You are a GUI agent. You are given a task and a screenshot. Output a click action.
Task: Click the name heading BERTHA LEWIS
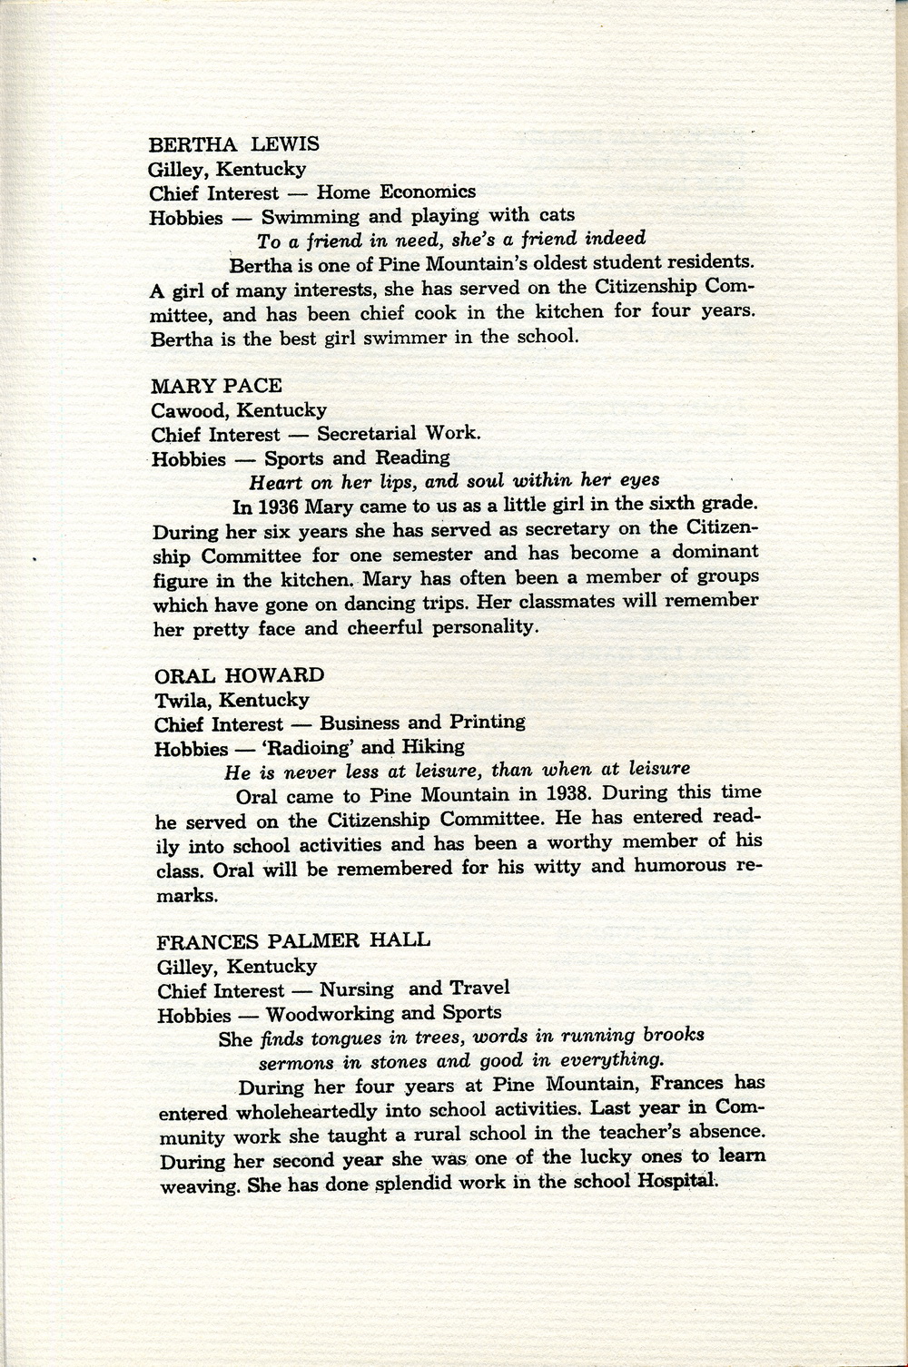pyautogui.click(x=233, y=144)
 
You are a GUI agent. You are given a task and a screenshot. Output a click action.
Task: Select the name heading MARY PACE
pyautogui.click(x=217, y=386)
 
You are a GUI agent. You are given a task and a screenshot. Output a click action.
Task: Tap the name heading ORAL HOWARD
pyautogui.click(x=239, y=675)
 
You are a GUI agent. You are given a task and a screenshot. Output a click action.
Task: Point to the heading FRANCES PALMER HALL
pyautogui.click(x=293, y=940)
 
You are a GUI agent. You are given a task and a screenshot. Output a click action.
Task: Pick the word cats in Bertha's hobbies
pyautogui.click(x=554, y=216)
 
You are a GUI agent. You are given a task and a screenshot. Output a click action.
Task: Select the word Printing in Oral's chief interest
pyautogui.click(x=486, y=723)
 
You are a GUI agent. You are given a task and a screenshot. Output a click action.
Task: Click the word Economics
pyautogui.click(x=428, y=192)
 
